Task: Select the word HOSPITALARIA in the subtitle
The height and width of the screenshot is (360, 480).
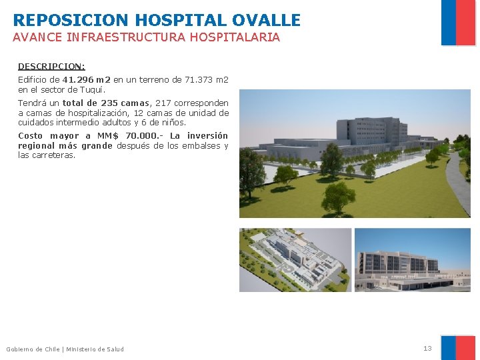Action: tap(235, 38)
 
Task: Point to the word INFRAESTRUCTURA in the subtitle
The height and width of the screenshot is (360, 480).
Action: tap(126, 38)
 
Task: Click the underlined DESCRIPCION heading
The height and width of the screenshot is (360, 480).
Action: tap(51, 67)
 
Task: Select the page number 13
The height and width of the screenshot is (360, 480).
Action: tap(427, 349)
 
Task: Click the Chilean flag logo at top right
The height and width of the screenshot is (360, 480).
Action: tap(458, 22)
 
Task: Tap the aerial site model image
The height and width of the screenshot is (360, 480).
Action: tap(295, 260)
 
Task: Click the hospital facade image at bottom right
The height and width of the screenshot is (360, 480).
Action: tap(412, 260)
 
